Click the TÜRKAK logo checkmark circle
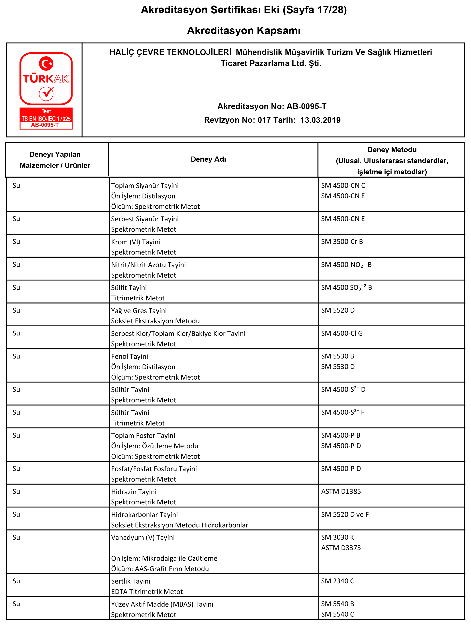pyautogui.click(x=46, y=94)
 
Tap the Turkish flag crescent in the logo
pyautogui.click(x=45, y=63)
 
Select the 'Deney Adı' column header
pyautogui.click(x=208, y=159)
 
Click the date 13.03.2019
pyautogui.click(x=320, y=120)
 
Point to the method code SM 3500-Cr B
pyautogui.click(x=342, y=242)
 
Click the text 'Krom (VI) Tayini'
pyautogui.click(x=135, y=242)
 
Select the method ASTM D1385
pyautogui.click(x=341, y=491)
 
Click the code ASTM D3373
pyautogui.click(x=341, y=548)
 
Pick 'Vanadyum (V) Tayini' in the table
pyautogui.click(x=143, y=537)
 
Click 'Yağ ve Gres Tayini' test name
pyautogui.click(x=139, y=311)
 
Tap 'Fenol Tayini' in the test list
pyautogui.click(x=130, y=356)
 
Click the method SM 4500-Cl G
pyautogui.click(x=341, y=333)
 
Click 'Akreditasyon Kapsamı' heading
pyautogui.click(x=243, y=31)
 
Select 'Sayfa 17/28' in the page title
pyautogui.click(x=315, y=10)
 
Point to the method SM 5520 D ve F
pyautogui.click(x=345, y=515)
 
